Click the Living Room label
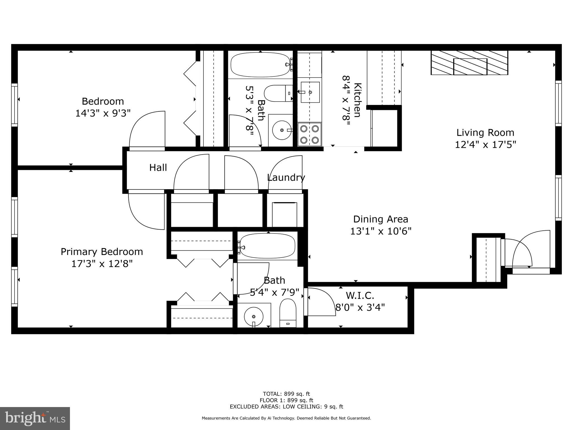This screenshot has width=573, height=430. pos(485,132)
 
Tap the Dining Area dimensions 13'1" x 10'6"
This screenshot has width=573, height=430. pos(381,231)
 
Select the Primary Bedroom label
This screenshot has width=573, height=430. pos(102,252)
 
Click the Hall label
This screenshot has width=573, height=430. pos(158,168)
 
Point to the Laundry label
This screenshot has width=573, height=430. pos(286,177)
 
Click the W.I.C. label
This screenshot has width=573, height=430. pos(360,295)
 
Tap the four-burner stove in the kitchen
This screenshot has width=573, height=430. pos(309,134)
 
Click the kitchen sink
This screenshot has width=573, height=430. pos(310,92)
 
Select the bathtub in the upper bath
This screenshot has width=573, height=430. pos(260,65)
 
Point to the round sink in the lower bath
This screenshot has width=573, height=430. pos(253,317)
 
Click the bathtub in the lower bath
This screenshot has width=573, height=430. pos(267,246)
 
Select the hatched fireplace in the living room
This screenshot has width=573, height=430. pos(469,63)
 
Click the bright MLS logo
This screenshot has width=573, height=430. pos(35,418)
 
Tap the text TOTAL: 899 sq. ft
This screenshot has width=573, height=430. pos(286,394)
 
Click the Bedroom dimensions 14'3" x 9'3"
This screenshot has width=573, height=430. pos(103,113)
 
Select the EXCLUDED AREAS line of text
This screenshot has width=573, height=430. pos(286,407)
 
